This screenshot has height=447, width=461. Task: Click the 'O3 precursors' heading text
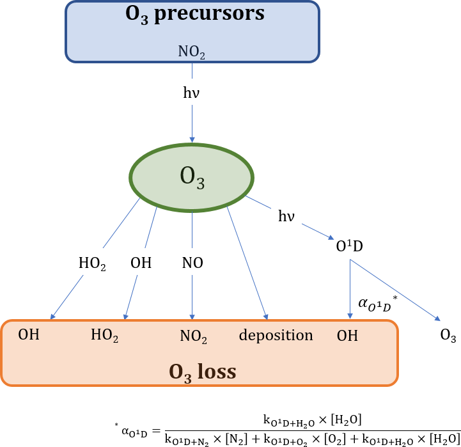coord(195,14)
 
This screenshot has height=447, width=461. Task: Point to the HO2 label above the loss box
coord(92,263)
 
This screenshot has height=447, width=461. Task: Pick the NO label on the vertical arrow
coord(192,263)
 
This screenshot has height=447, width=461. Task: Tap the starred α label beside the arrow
coord(376,302)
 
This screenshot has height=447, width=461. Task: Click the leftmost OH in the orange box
coord(28,334)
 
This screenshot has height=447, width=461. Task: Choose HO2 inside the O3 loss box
coord(105,336)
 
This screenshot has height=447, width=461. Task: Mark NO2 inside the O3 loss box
coord(193,336)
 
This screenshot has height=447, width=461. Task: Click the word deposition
coord(276,335)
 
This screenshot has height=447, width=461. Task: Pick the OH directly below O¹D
coord(347,335)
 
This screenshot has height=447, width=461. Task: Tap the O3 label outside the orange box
coord(448,336)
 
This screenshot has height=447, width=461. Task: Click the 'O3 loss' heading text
coord(202,372)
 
